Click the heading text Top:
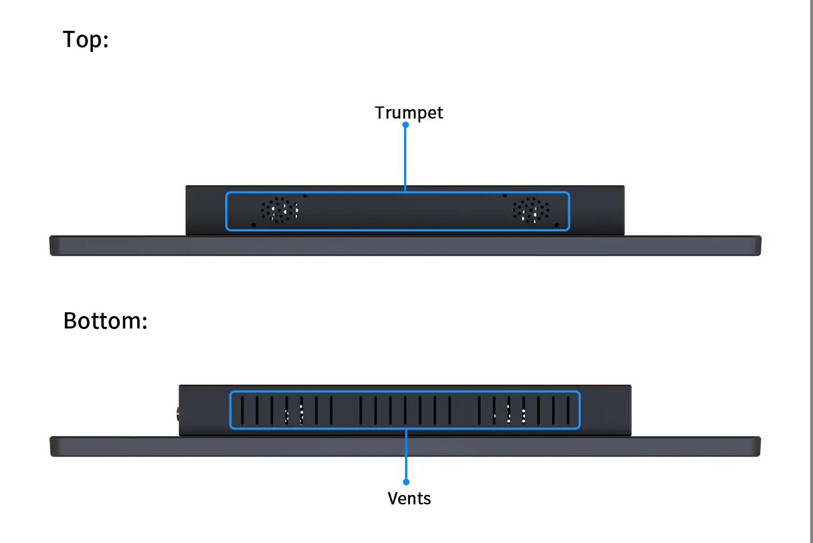85,39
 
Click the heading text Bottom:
105,321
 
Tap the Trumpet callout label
409,112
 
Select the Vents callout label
409,498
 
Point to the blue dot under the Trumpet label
406,125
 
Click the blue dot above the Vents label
406,481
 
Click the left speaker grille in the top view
280,210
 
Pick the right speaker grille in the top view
531,210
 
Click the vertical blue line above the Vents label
406,454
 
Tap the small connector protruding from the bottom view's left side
178,414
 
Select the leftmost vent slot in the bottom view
242,410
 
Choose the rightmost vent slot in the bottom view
568,410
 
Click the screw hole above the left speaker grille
305,196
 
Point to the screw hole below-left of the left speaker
254,225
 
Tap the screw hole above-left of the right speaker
505,196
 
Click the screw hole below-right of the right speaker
556,225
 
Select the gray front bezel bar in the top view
405,246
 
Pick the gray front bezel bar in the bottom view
405,447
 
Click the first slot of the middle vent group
361,410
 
